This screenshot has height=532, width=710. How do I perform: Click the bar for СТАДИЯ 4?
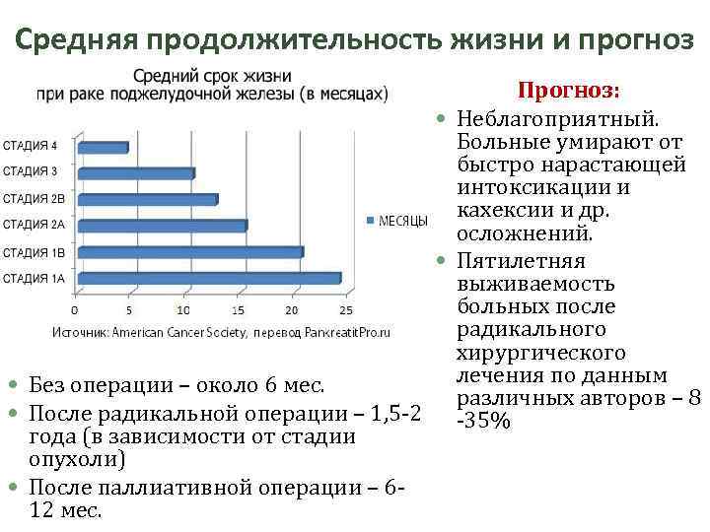point(103,148)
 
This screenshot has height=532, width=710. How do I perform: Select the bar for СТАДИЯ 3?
point(136,173)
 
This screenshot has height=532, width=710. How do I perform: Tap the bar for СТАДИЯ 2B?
point(148,200)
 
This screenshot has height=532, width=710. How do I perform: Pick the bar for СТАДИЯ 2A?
point(163,226)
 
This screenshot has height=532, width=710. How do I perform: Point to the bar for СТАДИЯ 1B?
point(190,252)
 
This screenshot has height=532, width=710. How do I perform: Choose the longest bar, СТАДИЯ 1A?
point(209,278)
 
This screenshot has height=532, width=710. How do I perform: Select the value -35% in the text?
point(483,422)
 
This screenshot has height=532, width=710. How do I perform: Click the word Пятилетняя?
point(522,261)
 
